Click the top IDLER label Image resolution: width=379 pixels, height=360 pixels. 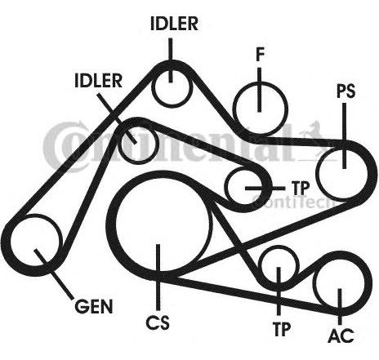174,24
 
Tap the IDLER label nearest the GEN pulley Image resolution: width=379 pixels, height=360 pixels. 98,81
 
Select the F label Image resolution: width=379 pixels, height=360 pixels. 261,55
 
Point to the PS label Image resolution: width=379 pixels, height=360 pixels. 346,91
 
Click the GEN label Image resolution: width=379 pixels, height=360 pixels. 94,306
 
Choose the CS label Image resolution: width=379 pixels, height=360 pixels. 158,322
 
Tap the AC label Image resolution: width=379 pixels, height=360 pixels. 341,336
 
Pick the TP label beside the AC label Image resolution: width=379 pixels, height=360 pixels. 282,329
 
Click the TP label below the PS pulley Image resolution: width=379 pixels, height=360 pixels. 301,188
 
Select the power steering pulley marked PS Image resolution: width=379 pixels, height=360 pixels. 342,173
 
